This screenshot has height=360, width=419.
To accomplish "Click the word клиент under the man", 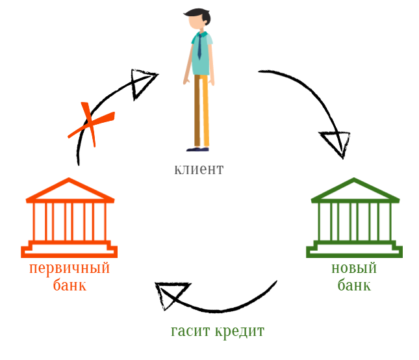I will click(198, 170).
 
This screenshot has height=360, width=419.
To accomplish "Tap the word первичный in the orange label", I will click(69, 268).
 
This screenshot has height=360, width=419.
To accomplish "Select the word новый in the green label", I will click(354, 268).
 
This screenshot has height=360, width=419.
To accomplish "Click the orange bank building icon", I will click(69, 218).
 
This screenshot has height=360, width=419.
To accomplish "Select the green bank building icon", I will click(354, 218).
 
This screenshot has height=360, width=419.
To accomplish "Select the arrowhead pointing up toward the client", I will click(142, 83).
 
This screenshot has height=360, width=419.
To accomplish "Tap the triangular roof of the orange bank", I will click(69, 190).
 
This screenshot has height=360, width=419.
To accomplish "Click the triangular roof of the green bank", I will click(354, 190).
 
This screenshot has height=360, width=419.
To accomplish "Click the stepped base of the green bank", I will click(354, 250).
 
